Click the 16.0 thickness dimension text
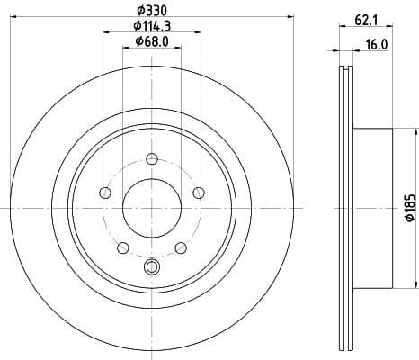click(376, 42)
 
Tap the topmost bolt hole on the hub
click(150, 160)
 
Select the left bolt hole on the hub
click(105, 193)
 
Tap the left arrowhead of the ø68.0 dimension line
click(124, 49)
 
